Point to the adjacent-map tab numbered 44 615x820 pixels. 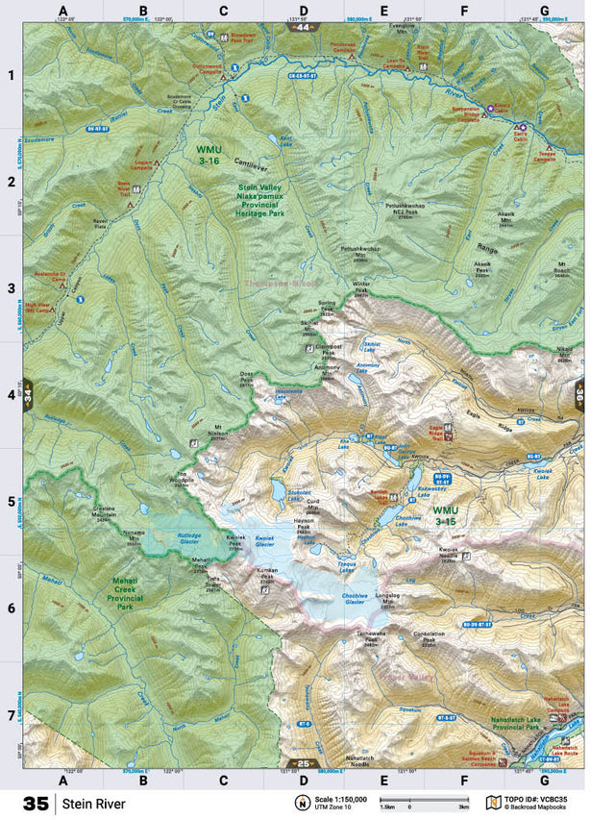tap(304, 27)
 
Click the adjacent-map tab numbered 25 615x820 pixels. tap(304, 763)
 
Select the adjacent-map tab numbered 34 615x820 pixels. tap(28, 394)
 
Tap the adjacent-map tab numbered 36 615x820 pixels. tap(579, 394)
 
